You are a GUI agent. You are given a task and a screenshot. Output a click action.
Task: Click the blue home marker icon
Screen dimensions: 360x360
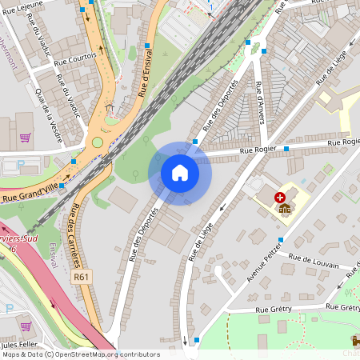tap(180, 173)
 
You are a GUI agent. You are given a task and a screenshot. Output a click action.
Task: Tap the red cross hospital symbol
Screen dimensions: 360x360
tap(280, 196)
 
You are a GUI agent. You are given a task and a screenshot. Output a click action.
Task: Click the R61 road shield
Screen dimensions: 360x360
tap(80, 277)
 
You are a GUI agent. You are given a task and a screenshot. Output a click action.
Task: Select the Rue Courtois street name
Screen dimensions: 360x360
tap(75, 56)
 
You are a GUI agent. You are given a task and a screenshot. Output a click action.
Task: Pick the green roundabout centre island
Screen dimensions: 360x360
tap(98, 142)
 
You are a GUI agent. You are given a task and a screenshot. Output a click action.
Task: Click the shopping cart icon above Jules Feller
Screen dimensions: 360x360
tap(25, 326)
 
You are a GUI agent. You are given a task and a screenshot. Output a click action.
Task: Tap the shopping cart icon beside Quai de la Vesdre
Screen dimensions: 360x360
tap(25, 138)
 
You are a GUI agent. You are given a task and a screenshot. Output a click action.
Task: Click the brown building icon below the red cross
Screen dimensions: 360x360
tap(285, 208)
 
